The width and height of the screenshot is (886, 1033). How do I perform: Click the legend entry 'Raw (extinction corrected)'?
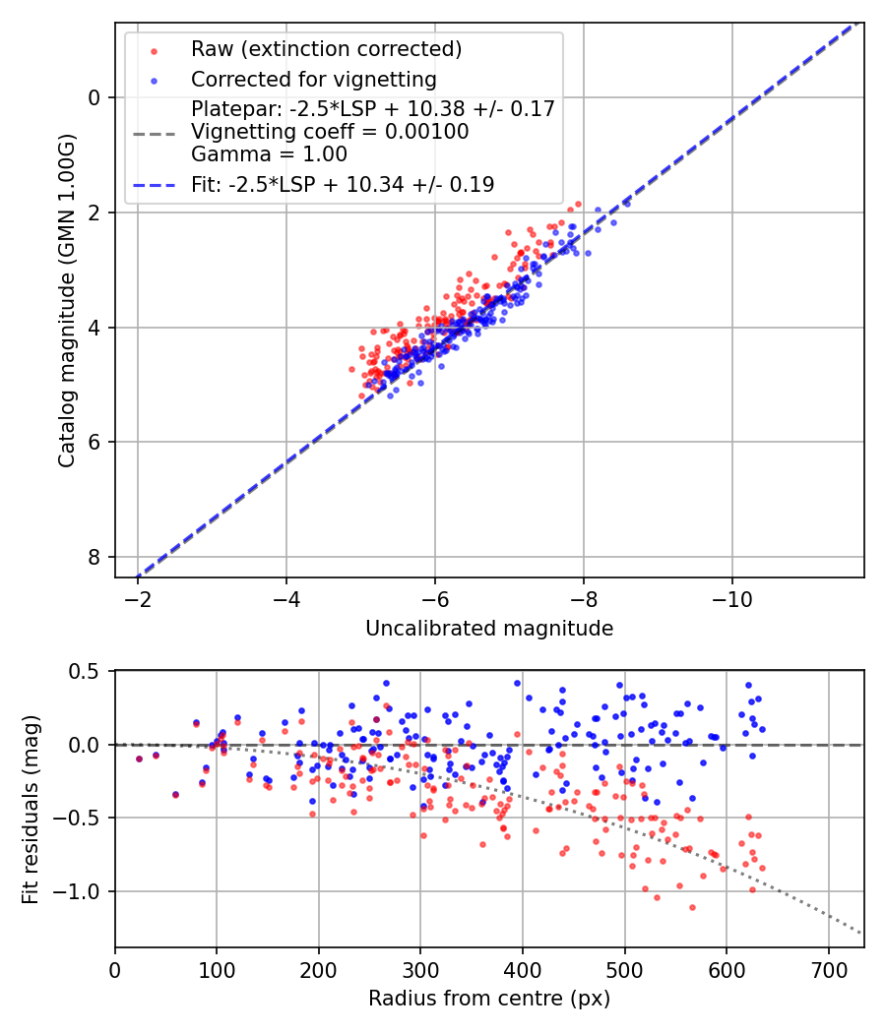point(326,49)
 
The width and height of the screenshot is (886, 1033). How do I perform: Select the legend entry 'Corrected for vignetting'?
point(313,79)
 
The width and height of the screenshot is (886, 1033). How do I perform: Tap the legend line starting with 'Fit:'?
point(343,184)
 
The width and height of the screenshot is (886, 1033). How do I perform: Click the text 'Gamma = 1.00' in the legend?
point(269,153)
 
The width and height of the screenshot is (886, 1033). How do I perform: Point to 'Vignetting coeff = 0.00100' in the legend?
point(330,131)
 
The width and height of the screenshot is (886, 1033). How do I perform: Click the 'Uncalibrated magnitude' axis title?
point(489,629)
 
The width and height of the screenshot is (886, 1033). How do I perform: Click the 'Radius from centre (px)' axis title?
point(489,999)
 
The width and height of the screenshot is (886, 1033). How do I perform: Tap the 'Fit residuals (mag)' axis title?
point(31,809)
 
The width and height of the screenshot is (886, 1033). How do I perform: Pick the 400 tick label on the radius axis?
point(523,969)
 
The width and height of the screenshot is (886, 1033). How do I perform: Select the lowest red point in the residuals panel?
point(692,907)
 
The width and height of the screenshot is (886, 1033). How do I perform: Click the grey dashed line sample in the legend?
point(155,132)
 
